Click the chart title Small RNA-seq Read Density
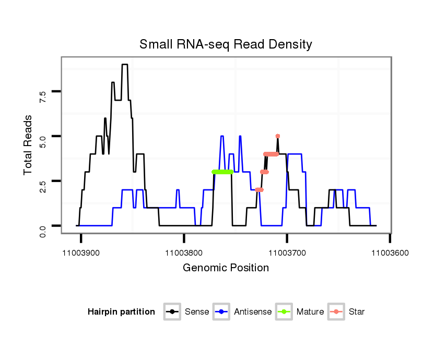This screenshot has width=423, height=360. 226,44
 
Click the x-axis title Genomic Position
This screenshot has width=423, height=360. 226,268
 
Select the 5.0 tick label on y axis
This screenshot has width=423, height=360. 43,136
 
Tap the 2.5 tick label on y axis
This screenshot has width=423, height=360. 43,181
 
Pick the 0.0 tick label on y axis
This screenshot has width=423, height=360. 43,226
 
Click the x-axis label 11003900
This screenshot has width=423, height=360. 81,253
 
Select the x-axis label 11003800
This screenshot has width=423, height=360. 184,253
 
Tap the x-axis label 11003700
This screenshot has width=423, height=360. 287,253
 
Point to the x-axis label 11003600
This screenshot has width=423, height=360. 390,253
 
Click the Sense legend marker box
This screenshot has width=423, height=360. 172,312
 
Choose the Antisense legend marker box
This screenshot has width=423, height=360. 222,312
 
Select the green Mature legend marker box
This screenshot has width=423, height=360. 285,312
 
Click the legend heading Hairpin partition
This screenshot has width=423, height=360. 121,312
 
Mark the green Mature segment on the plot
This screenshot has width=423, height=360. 222,172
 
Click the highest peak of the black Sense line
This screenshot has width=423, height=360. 125,65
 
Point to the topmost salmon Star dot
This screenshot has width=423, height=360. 278,136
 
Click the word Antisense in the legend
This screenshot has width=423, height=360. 253,312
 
